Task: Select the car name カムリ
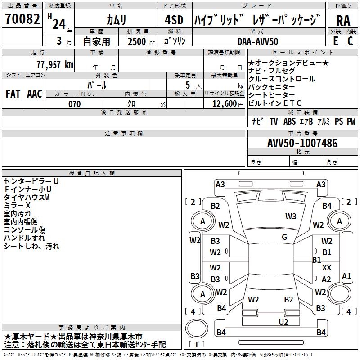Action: coord(116,20)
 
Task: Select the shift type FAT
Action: coord(13,94)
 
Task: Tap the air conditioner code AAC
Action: coord(34,94)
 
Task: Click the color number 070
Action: coord(74,104)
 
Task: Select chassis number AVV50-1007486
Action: coord(302,143)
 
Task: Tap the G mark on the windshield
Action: coord(284,237)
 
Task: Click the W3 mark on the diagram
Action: coord(291,216)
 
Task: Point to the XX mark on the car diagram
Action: coord(327,268)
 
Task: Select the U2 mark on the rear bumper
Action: coord(283,321)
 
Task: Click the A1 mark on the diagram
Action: coord(346,276)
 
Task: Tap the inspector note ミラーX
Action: coord(18,205)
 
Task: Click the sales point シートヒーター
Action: coord(272,95)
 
